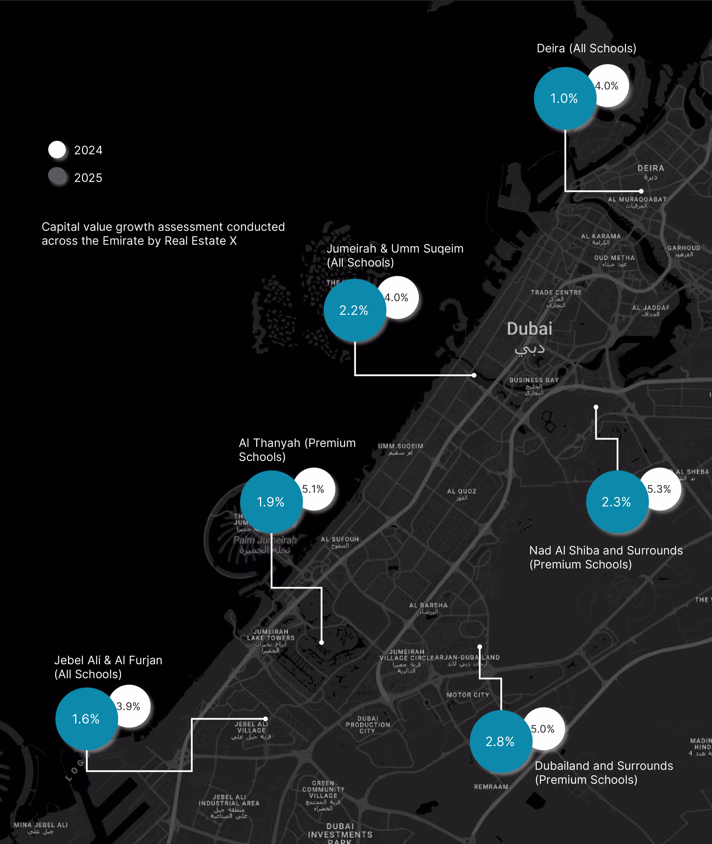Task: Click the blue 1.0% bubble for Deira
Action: [x=565, y=99]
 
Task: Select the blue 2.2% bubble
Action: [x=354, y=310]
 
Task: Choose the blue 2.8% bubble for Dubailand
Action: [x=501, y=742]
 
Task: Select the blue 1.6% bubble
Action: [x=86, y=719]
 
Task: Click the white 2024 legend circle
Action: [x=57, y=150]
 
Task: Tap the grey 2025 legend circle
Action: [x=57, y=177]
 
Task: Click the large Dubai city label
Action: [x=529, y=329]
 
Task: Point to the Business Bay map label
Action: [x=534, y=380]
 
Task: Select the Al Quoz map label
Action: [x=461, y=491]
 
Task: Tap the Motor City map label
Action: [x=467, y=695]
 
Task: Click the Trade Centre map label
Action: [x=556, y=293]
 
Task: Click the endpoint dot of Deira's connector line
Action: [x=641, y=191]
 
